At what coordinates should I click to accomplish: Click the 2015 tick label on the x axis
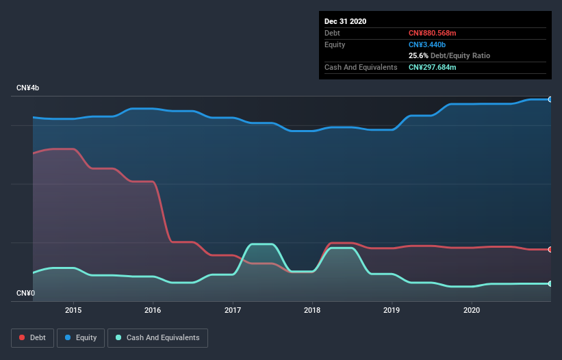pyautogui.click(x=73, y=310)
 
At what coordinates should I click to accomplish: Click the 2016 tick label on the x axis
pyautogui.click(x=153, y=310)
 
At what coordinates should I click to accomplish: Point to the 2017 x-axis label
pyautogui.click(x=233, y=310)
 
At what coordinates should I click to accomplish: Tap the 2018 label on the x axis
pyautogui.click(x=312, y=310)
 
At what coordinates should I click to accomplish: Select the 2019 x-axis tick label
pyautogui.click(x=392, y=310)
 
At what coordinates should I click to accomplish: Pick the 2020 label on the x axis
pyautogui.click(x=472, y=310)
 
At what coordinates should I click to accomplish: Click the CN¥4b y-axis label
pyautogui.click(x=28, y=88)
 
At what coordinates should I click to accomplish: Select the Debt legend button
pyautogui.click(x=32, y=337)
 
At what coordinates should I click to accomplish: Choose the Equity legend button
pyautogui.click(x=81, y=337)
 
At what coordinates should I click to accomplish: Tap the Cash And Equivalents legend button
pyautogui.click(x=157, y=337)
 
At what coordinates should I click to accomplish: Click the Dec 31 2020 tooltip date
pyautogui.click(x=345, y=21)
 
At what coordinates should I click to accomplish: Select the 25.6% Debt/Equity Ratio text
pyautogui.click(x=449, y=55)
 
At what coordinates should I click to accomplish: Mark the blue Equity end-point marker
pyautogui.click(x=550, y=99)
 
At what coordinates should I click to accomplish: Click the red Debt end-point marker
pyautogui.click(x=550, y=249)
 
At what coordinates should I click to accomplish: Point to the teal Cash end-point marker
pyautogui.click(x=550, y=283)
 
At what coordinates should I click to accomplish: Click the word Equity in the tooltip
pyautogui.click(x=335, y=44)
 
